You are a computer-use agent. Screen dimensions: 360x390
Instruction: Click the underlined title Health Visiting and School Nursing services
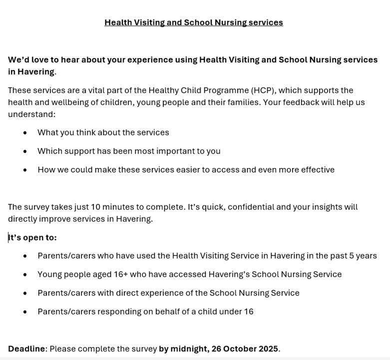(193, 22)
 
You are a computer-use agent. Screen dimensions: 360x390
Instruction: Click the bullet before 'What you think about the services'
(25, 132)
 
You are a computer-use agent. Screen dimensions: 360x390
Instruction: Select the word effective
(317, 169)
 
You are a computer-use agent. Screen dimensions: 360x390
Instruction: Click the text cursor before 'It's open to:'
(8, 237)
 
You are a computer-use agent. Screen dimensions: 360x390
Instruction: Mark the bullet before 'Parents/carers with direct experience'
(25, 293)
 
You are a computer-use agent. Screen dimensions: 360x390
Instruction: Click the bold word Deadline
(26, 348)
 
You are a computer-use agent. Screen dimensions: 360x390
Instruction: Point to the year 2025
(268, 348)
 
